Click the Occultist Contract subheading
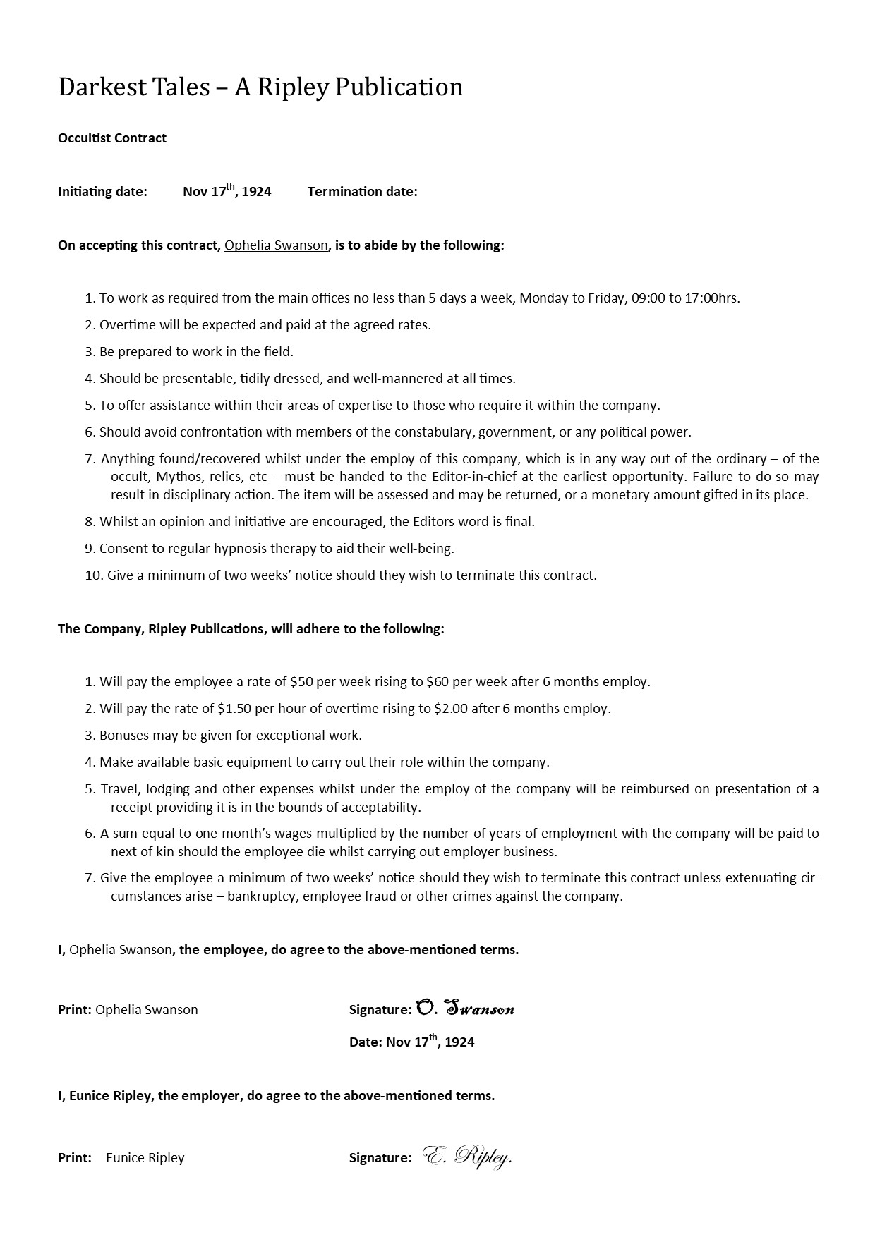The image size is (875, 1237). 112,138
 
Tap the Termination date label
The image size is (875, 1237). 362,192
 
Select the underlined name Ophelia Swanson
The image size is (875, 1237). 276,245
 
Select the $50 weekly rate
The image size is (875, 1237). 301,682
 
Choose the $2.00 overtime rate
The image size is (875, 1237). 451,709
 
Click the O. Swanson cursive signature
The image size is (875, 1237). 466,1009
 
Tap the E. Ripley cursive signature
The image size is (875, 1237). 467,1157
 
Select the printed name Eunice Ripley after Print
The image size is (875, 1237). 145,1158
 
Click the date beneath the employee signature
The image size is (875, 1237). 430,1042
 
